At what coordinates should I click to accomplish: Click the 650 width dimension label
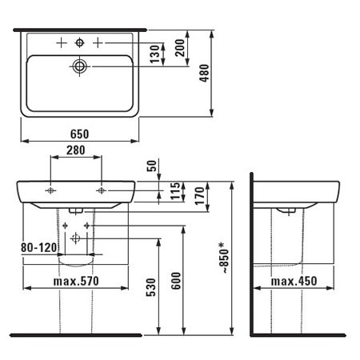79,134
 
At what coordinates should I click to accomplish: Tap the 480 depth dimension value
205,73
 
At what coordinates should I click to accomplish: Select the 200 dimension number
180,47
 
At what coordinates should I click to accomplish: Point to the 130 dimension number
155,54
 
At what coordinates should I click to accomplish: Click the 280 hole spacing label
76,150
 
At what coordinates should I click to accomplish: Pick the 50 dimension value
152,166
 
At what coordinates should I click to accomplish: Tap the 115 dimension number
175,191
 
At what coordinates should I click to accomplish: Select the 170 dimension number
199,196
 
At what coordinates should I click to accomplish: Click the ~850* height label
224,258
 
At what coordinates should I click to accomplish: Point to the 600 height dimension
176,281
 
